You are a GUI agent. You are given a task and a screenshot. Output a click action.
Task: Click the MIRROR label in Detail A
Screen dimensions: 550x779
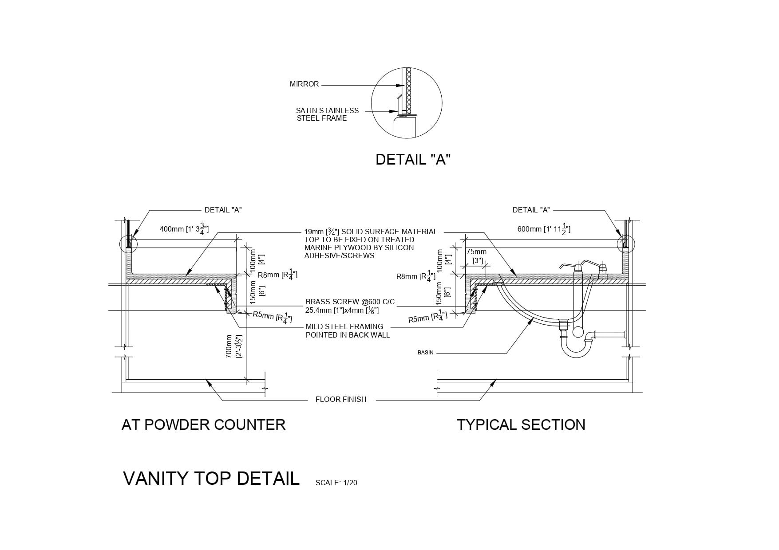point(304,84)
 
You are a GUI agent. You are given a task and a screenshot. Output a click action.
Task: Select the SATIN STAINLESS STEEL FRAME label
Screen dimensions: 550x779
point(327,114)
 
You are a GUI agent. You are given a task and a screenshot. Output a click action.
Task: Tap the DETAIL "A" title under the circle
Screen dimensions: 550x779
point(413,160)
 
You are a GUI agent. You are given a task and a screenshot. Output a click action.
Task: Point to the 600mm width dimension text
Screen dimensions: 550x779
point(544,229)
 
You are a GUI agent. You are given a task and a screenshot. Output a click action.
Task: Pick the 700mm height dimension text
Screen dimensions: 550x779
point(233,346)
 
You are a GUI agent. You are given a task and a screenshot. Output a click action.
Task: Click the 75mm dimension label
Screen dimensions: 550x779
point(476,252)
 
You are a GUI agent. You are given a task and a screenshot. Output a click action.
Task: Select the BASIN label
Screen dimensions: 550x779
point(425,353)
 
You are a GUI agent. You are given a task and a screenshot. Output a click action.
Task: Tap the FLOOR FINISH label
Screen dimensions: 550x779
point(341,400)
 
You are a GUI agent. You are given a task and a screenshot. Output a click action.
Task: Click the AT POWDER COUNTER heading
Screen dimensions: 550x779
point(203,425)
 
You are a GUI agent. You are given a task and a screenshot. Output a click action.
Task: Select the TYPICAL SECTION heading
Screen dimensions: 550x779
point(521,425)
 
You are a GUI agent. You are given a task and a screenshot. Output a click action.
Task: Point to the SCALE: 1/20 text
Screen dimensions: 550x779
point(336,483)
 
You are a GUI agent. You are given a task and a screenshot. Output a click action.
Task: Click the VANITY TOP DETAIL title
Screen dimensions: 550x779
point(211,479)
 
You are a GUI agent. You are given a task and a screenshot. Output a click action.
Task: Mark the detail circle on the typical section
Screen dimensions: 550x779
point(626,244)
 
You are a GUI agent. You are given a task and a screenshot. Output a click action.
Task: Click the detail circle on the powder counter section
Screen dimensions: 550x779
point(129,244)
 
